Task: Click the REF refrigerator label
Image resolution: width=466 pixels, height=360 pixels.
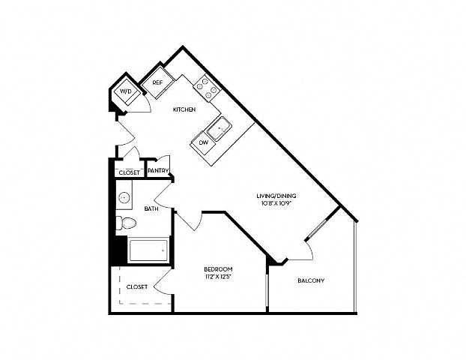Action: [x=157, y=82]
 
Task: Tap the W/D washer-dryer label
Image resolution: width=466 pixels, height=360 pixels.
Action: [x=125, y=91]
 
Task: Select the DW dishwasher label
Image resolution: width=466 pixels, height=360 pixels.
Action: [x=204, y=142]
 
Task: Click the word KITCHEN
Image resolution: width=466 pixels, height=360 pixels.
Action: [x=184, y=109]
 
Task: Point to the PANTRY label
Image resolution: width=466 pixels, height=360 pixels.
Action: [x=158, y=170]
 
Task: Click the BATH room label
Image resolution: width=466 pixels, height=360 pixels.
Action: [x=151, y=208]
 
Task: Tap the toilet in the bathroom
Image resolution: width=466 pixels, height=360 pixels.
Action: [x=126, y=223]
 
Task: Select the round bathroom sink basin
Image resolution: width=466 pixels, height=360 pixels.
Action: [x=124, y=197]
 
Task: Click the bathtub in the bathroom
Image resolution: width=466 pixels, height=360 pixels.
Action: [x=148, y=250]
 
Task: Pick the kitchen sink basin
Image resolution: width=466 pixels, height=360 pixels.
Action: [x=220, y=129]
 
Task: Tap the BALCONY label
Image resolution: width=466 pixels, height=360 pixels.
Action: [x=311, y=280]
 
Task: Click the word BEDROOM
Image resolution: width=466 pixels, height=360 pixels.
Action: [x=218, y=269]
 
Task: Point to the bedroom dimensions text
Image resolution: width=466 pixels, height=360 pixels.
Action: [x=218, y=277]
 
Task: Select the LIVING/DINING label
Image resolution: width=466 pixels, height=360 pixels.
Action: [x=276, y=196]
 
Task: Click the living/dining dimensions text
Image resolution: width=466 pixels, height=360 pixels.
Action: [x=276, y=204]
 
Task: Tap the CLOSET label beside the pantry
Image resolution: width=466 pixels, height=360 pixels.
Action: [x=130, y=172]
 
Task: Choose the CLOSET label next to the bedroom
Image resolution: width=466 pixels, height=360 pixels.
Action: [x=137, y=286]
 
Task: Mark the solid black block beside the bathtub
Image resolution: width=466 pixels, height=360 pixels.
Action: [x=119, y=250]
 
